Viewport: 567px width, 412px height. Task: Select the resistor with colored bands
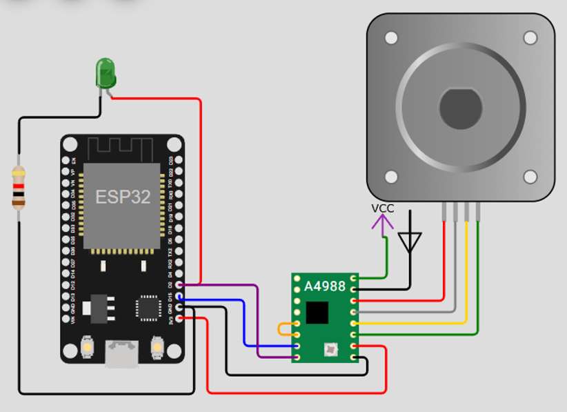click(x=19, y=187)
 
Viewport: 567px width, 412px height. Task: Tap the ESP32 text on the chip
click(x=123, y=197)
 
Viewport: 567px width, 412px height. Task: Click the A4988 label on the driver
click(x=325, y=285)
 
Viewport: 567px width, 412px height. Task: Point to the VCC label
click(x=383, y=208)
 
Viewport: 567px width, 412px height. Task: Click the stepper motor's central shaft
click(x=461, y=108)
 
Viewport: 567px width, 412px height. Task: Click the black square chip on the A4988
click(x=317, y=313)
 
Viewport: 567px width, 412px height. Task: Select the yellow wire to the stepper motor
click(x=467, y=276)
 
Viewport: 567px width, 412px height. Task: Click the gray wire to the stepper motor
click(x=455, y=276)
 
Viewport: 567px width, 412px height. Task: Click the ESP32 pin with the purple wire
click(x=179, y=284)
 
